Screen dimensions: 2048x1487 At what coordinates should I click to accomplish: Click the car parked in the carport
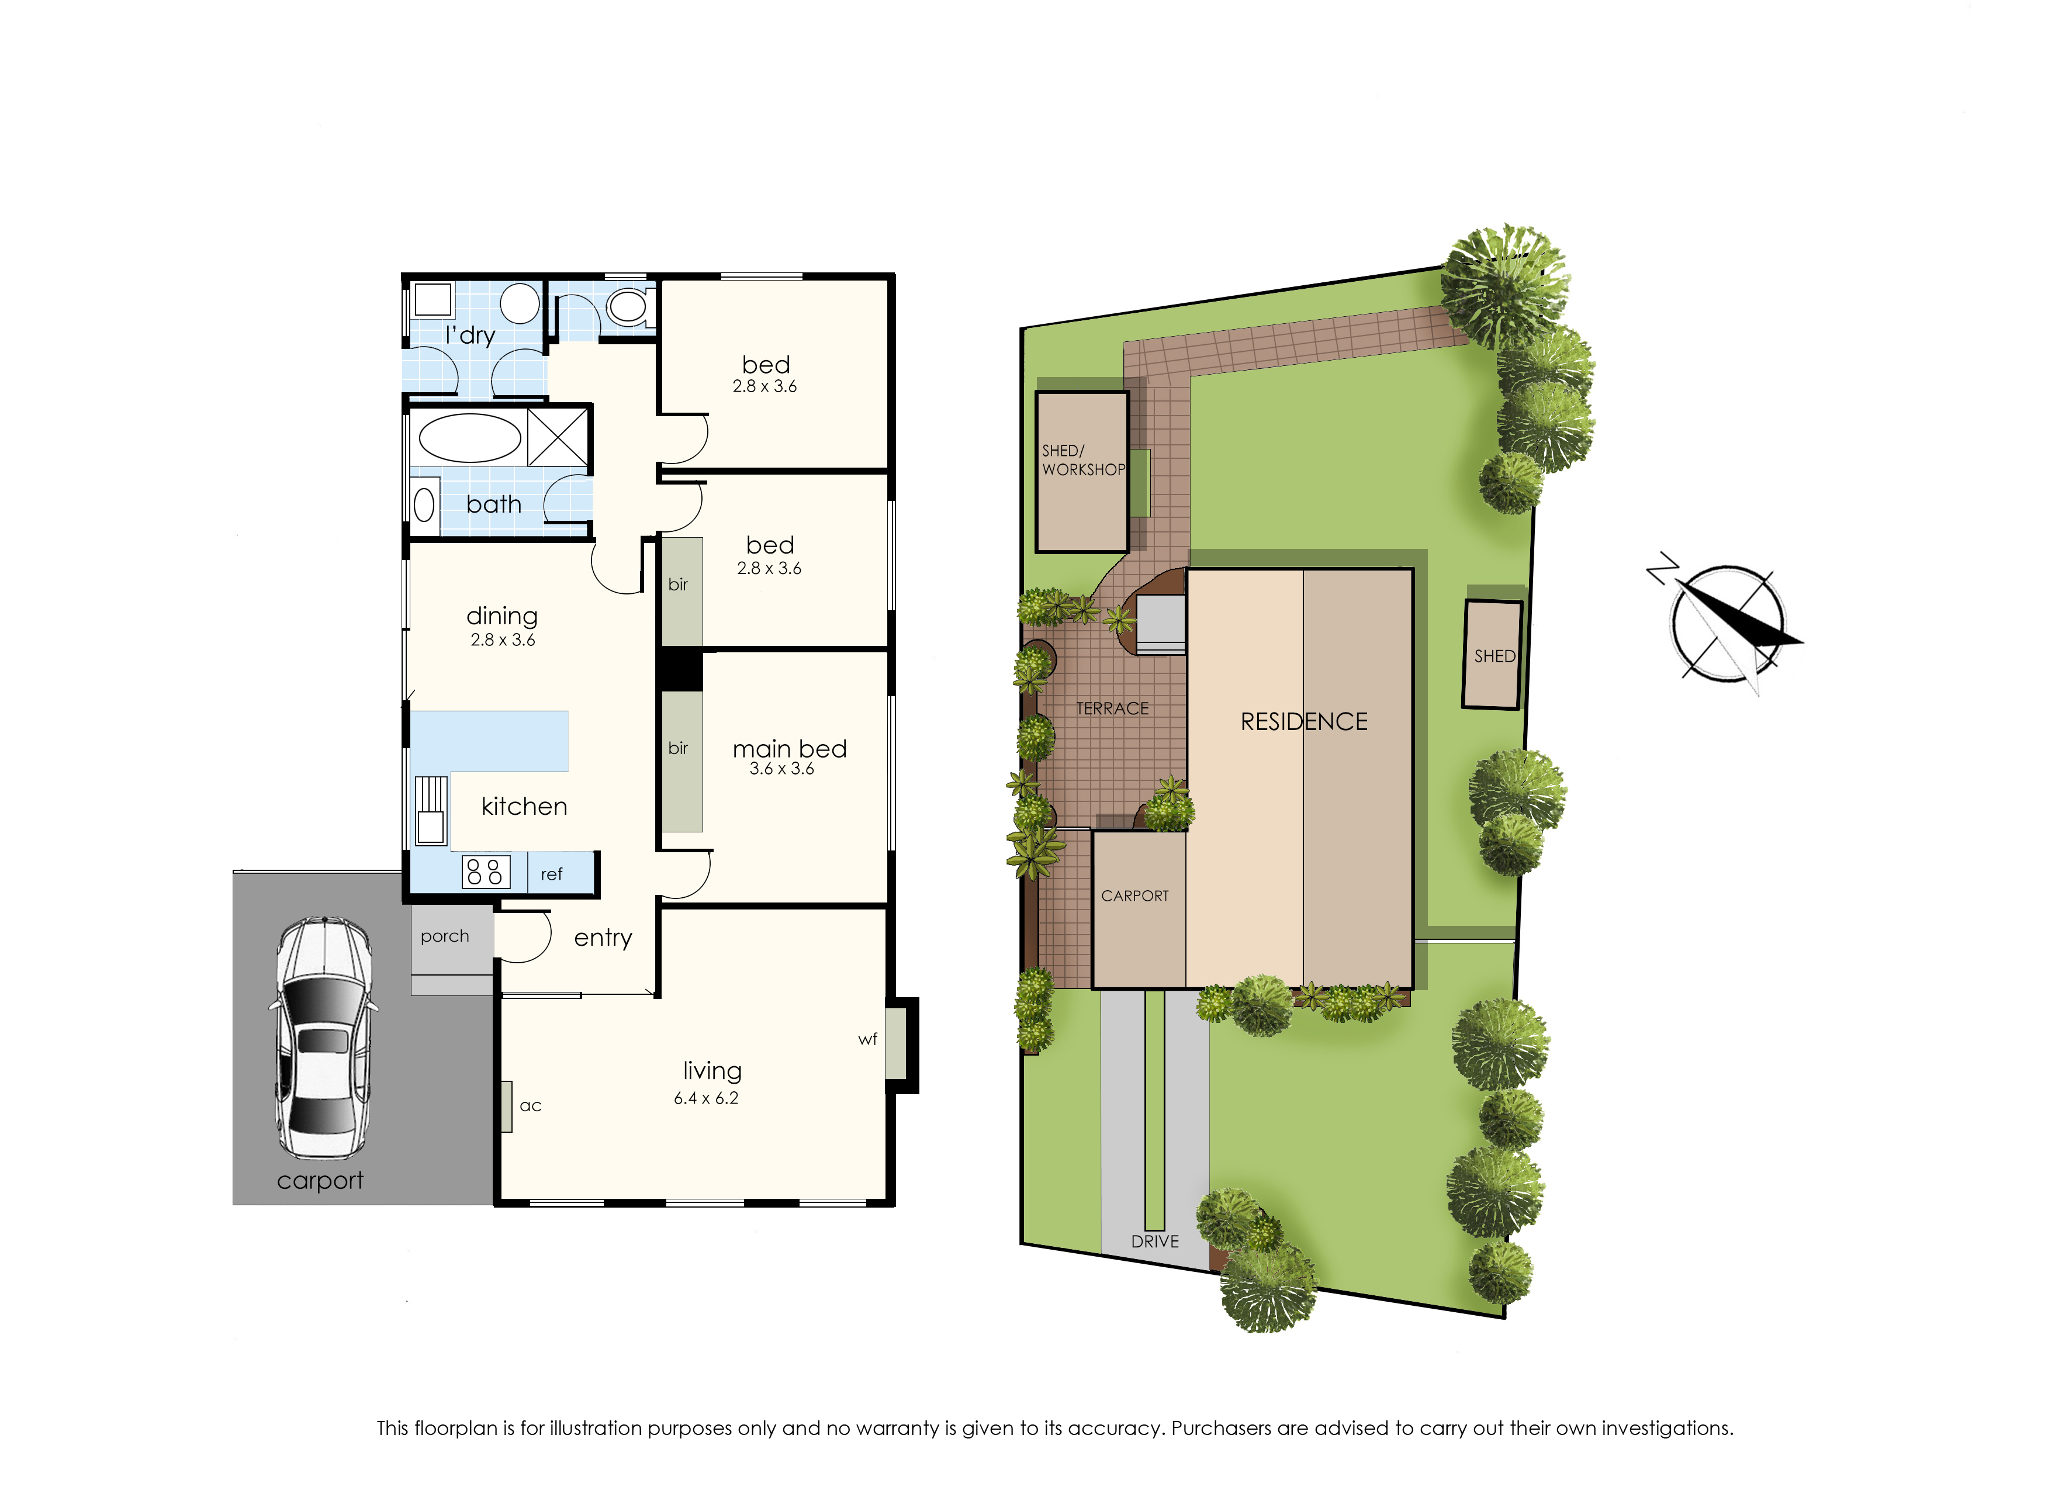click(x=323, y=1038)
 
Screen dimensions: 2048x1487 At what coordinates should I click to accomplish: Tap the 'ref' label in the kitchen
click(x=551, y=874)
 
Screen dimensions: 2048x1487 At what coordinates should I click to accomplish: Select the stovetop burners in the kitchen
click(x=486, y=872)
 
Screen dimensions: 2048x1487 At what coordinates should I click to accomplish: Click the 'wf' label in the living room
click(x=867, y=1039)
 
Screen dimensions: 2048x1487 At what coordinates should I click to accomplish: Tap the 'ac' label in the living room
click(x=530, y=1106)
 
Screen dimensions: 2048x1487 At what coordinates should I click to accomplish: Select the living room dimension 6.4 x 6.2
click(x=706, y=1098)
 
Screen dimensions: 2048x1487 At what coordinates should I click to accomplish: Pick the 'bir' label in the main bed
click(x=677, y=748)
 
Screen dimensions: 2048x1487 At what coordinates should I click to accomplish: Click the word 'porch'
click(x=444, y=937)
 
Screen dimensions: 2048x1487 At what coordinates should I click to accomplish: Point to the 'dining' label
click(x=502, y=617)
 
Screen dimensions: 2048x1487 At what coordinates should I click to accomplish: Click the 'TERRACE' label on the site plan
click(x=1112, y=709)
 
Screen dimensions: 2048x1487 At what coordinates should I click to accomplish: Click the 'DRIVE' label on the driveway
click(x=1155, y=1242)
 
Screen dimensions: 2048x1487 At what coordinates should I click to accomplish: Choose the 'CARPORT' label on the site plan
click(x=1135, y=895)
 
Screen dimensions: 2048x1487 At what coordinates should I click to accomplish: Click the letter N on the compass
click(x=1662, y=569)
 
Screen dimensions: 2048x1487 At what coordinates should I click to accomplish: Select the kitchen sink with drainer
click(x=431, y=810)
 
